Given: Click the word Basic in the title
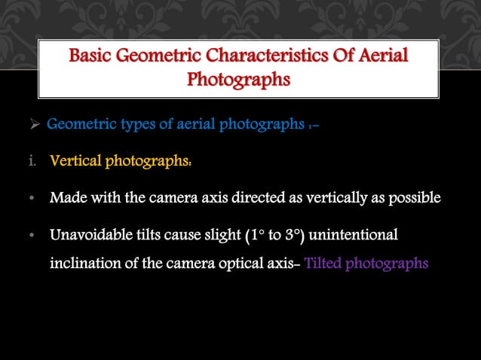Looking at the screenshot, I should tap(90, 56).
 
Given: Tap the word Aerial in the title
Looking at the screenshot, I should tap(381, 56).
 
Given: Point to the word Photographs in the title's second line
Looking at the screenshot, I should tap(238, 79).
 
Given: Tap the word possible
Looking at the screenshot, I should tap(409, 198).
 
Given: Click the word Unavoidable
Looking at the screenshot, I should tap(90, 236).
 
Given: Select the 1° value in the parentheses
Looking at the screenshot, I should tap(254, 236).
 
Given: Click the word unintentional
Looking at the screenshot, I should tap(359, 236).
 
